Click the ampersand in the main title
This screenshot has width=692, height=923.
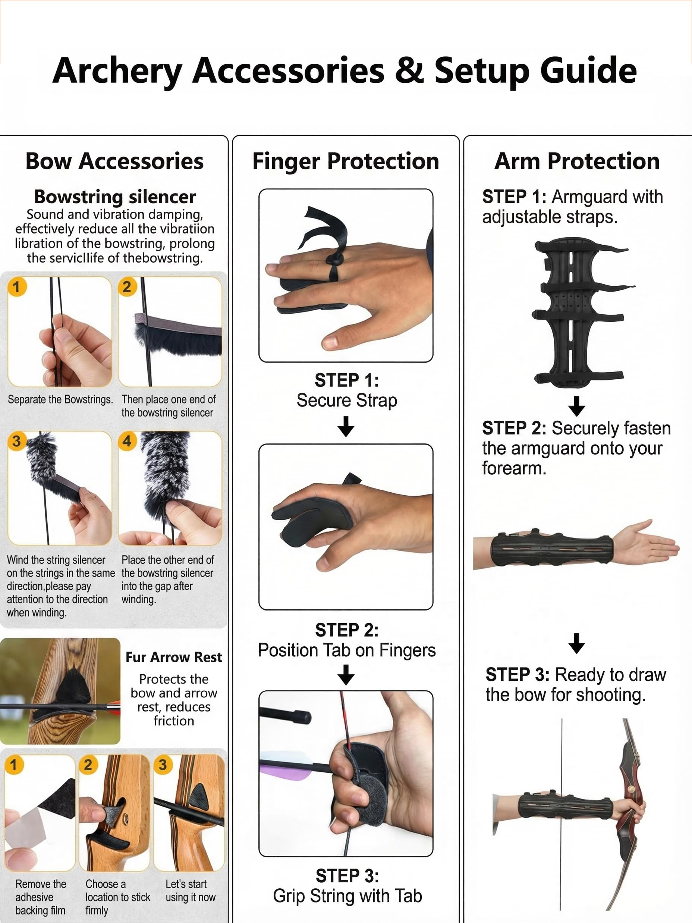coord(410,70)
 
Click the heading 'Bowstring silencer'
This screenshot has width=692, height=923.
coord(115,197)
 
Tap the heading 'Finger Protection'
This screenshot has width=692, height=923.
coord(346,161)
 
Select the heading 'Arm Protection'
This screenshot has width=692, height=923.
coord(577,161)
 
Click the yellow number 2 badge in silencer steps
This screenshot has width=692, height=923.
coord(127,287)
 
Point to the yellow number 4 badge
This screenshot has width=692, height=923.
coord(127,441)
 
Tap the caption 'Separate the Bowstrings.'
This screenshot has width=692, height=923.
coord(60,400)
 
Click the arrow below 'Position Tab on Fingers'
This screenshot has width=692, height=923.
coord(346,675)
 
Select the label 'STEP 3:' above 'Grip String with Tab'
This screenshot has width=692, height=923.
coord(347,876)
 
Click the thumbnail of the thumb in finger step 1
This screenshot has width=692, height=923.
coord(330,343)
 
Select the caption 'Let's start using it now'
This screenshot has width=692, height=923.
coord(191,891)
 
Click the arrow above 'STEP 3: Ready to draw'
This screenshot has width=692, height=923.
coord(576,643)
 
